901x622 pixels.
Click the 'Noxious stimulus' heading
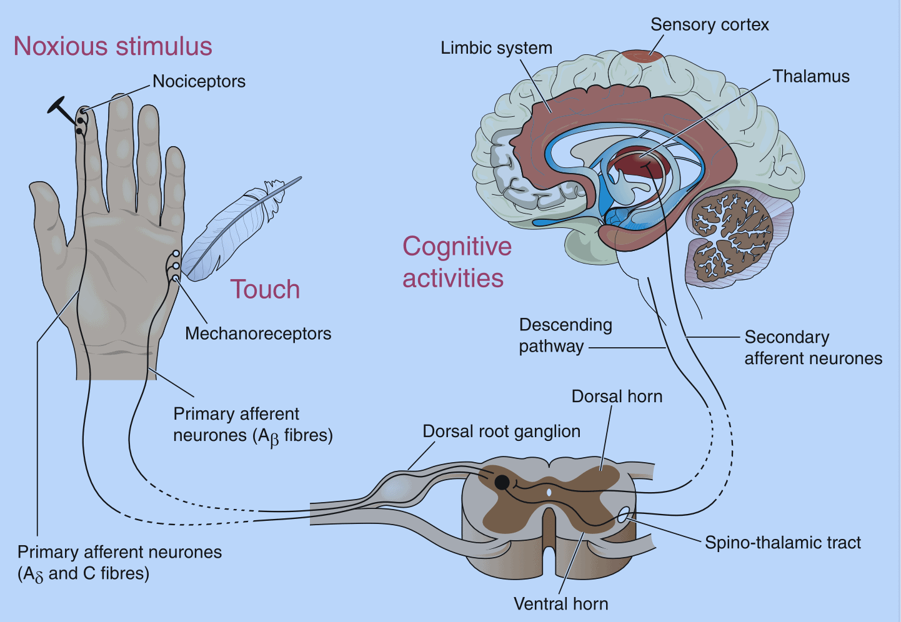pyautogui.click(x=113, y=47)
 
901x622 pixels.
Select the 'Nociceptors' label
pyautogui.click(x=199, y=82)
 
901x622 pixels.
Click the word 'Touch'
pyautogui.click(x=265, y=290)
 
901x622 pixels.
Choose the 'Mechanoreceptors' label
pyautogui.click(x=258, y=333)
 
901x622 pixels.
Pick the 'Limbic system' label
pyautogui.click(x=496, y=48)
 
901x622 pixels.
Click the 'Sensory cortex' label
pyautogui.click(x=709, y=25)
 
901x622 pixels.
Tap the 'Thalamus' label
pyautogui.click(x=811, y=77)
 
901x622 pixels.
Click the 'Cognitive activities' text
pyautogui.click(x=456, y=262)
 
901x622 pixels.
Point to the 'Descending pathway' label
pyautogui.click(x=565, y=335)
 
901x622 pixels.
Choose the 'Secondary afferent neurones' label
pyautogui.click(x=812, y=348)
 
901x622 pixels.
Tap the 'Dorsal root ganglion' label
pyautogui.click(x=501, y=432)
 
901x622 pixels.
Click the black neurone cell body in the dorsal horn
pyautogui.click(x=502, y=481)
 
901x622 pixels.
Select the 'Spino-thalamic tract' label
pyautogui.click(x=782, y=543)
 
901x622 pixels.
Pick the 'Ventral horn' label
pyautogui.click(x=560, y=604)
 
